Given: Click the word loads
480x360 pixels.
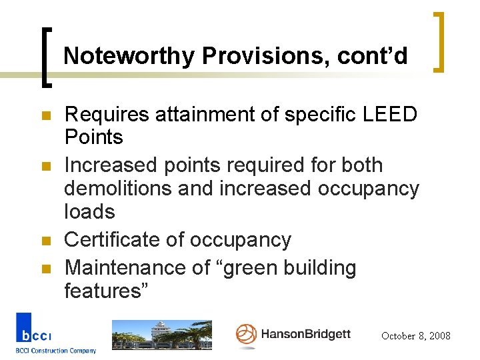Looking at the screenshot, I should click(89, 212).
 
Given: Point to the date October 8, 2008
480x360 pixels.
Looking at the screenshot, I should click(416, 336).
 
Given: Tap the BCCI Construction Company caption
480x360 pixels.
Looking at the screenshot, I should click(56, 351).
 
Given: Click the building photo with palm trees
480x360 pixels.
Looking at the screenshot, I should click(161, 335).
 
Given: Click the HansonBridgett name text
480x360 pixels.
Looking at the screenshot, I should click(305, 334).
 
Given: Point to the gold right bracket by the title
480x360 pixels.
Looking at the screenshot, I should click(439, 41).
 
